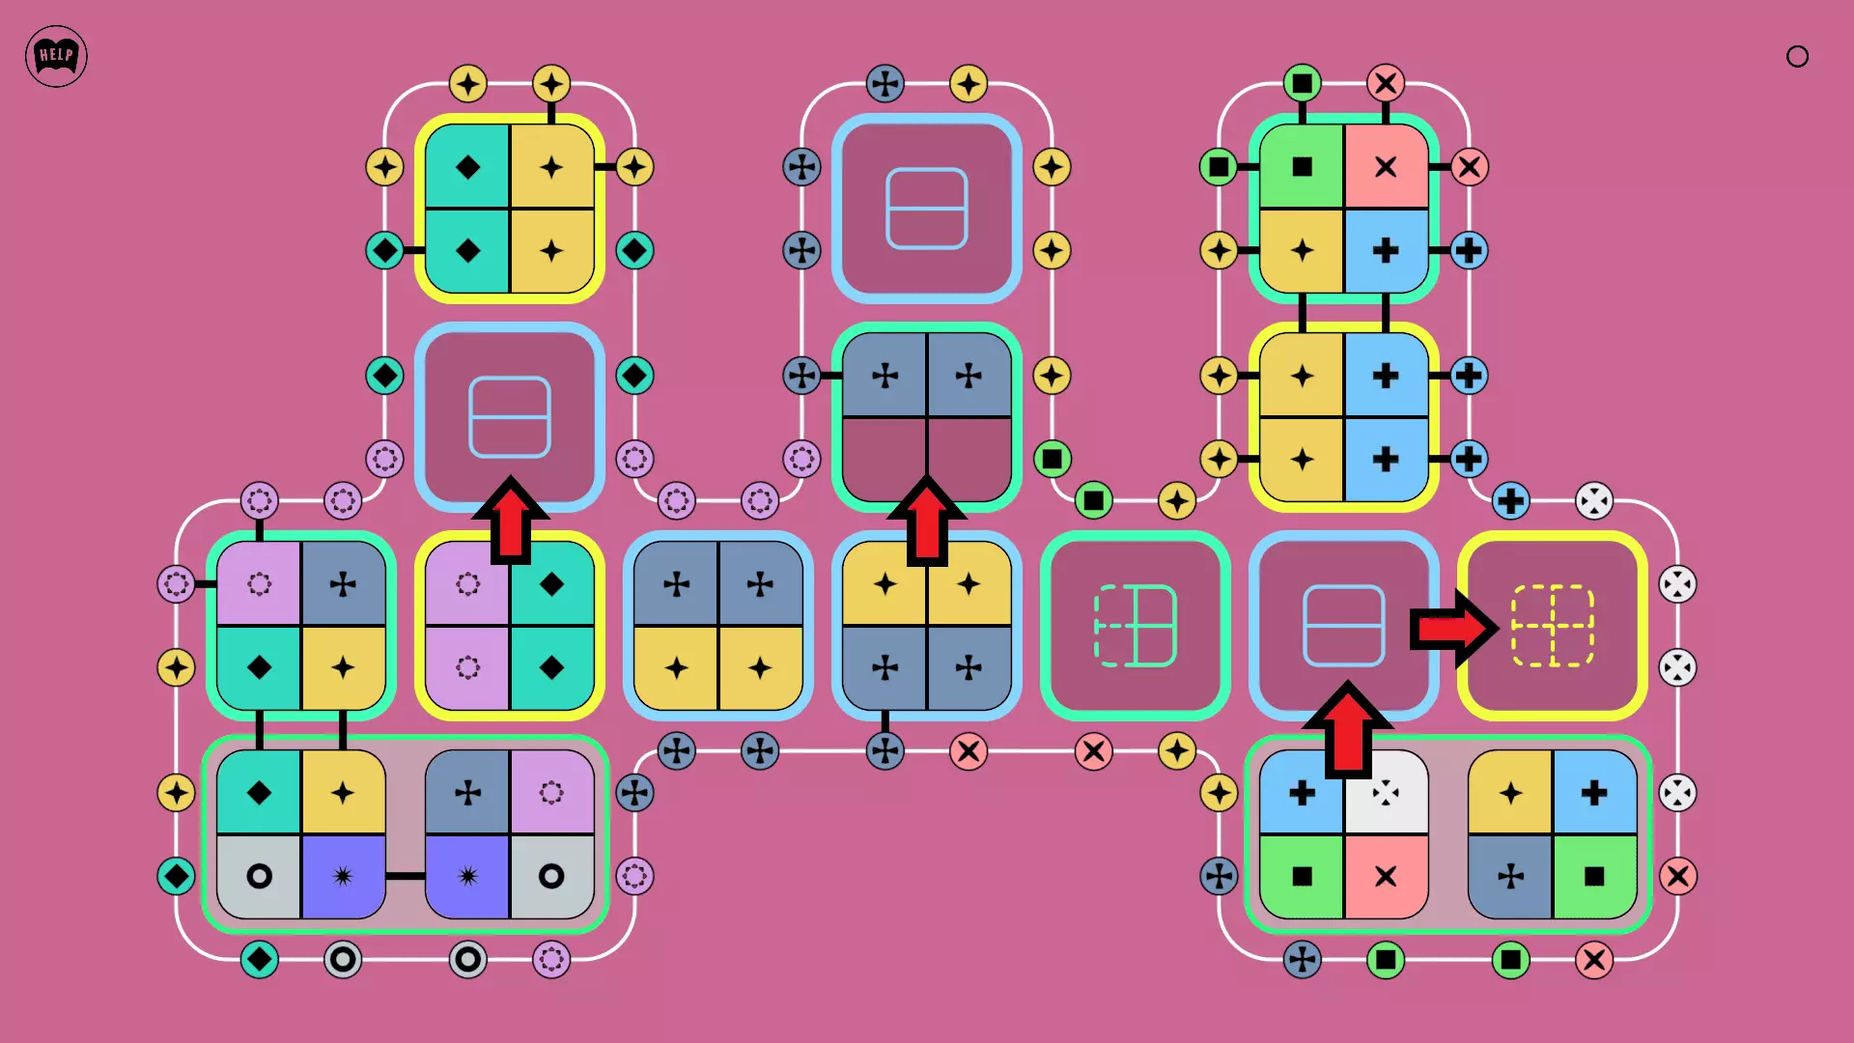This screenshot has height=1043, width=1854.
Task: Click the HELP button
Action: (x=56, y=56)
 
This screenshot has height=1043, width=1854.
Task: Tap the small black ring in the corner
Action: (x=1797, y=56)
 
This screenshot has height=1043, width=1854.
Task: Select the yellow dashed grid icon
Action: (x=1553, y=626)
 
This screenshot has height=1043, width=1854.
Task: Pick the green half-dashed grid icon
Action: (x=1135, y=626)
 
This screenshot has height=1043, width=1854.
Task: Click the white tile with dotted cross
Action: (x=1386, y=793)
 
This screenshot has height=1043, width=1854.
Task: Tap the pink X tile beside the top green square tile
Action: (x=1386, y=167)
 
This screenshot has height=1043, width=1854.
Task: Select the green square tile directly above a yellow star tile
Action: (x=1302, y=167)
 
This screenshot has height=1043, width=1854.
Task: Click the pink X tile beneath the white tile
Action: (x=1386, y=876)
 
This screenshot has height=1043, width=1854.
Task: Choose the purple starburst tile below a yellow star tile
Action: (x=343, y=876)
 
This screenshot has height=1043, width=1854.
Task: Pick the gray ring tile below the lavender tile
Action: (x=551, y=876)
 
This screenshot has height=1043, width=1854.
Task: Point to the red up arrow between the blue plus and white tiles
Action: (x=1347, y=730)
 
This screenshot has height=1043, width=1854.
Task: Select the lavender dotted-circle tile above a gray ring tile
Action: (x=551, y=793)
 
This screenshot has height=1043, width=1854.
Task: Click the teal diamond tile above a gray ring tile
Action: (x=259, y=793)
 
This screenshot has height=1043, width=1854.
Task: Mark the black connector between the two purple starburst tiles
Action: (x=406, y=876)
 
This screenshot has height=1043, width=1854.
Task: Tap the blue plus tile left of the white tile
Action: (x=1302, y=793)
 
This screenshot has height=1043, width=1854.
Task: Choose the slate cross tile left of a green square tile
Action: (x=1510, y=876)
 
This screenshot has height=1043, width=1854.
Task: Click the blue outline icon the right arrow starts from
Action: (x=1343, y=626)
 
